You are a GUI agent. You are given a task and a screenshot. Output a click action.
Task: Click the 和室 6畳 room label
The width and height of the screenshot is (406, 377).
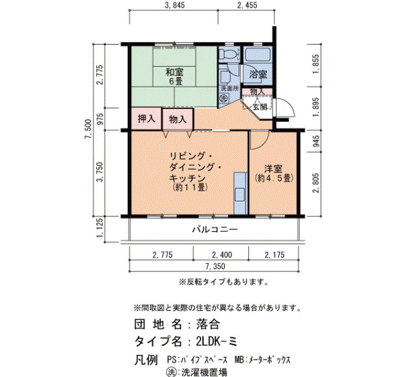click(175, 77)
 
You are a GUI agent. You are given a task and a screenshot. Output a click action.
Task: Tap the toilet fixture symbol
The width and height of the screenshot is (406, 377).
click(229, 54)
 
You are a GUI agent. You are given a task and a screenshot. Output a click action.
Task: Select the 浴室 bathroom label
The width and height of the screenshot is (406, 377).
click(258, 75)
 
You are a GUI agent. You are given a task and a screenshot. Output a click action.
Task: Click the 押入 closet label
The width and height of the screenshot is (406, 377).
click(147, 118)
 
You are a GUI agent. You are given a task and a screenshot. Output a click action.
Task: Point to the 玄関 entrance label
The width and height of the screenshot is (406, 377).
click(260, 107)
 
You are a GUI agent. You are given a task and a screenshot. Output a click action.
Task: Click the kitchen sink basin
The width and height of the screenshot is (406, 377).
click(240, 195)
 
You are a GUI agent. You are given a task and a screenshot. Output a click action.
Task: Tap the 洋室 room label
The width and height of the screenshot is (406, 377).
click(273, 169)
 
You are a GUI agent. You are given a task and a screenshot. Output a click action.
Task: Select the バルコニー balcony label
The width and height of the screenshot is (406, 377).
click(215, 230)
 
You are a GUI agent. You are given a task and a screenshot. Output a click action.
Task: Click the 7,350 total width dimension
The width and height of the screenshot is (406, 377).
click(215, 266)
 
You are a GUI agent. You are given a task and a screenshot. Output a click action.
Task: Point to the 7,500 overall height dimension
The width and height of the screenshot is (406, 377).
click(88, 129)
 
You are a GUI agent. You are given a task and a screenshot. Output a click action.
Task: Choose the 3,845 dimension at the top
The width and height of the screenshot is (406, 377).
click(175, 5)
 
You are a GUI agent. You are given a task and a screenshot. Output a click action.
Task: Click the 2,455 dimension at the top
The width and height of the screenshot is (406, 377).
click(246, 5)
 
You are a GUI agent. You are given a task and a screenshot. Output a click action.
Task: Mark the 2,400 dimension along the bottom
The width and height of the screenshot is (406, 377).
click(222, 255)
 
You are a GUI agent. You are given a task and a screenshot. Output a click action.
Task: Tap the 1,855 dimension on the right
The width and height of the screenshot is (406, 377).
click(316, 64)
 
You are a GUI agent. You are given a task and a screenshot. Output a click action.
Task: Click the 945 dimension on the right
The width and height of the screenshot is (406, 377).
click(316, 140)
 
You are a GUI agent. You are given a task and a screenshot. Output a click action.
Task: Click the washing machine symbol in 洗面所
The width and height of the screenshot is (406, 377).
click(224, 98)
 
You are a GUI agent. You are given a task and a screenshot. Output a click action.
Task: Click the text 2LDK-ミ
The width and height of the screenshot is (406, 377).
click(216, 342)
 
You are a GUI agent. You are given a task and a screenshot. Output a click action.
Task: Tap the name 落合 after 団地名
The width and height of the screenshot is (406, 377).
click(208, 324)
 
